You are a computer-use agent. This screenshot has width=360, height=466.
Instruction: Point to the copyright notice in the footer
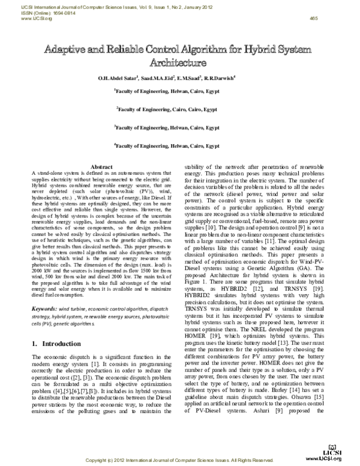point(179,460)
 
